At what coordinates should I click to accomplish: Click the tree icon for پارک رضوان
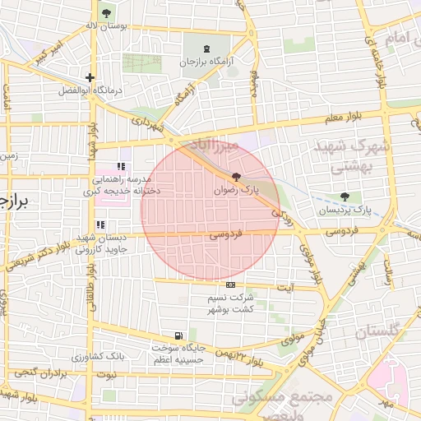(x=237, y=176)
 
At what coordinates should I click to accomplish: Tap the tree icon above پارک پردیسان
(x=345, y=197)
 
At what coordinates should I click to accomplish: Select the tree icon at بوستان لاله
(x=106, y=13)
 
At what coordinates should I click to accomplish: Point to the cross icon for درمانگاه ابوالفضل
(x=90, y=77)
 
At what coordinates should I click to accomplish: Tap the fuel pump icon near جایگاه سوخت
(x=178, y=335)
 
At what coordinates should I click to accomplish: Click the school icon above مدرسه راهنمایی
(x=121, y=167)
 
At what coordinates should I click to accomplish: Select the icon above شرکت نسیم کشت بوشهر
(x=229, y=285)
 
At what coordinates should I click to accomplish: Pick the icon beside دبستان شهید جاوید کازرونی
(x=100, y=224)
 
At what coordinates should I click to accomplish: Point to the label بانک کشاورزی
(x=98, y=358)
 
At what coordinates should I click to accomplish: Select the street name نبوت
(x=106, y=375)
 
